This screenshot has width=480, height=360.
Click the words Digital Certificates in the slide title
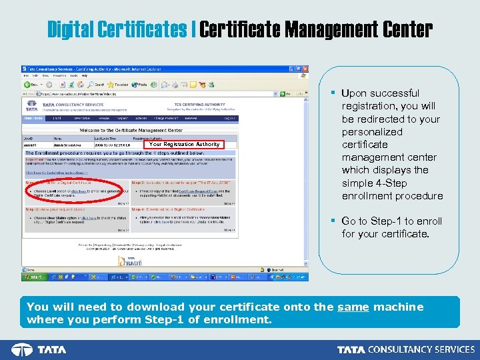117,30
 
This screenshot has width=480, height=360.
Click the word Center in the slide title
407,30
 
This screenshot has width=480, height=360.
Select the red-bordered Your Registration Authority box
184,144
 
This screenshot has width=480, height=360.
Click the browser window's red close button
305,69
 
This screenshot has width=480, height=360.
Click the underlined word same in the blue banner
353,307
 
